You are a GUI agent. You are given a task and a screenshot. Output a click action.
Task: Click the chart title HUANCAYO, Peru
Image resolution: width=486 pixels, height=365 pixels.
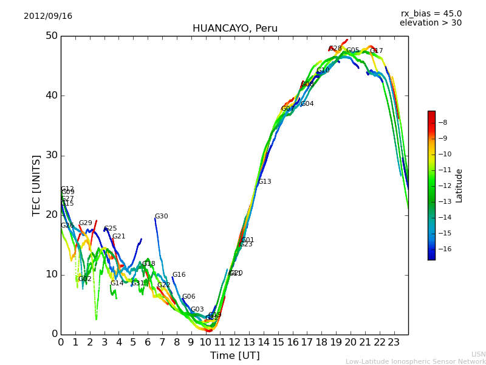point(234,29)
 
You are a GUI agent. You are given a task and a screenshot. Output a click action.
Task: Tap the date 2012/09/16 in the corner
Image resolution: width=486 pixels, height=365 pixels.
point(48,16)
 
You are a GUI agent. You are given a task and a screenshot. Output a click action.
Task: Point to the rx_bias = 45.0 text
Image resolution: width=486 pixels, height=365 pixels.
point(431,14)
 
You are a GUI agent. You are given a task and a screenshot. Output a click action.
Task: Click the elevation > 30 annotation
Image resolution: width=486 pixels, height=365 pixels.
point(430,23)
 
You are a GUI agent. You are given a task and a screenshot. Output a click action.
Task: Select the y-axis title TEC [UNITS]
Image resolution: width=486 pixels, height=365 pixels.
point(37,185)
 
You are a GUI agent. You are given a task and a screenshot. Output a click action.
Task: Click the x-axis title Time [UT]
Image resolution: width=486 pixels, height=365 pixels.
point(234,356)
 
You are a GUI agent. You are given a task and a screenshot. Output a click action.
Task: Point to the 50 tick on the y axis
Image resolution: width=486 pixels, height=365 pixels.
point(51,36)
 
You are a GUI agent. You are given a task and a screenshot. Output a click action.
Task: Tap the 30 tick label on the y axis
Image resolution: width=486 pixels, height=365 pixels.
point(51,155)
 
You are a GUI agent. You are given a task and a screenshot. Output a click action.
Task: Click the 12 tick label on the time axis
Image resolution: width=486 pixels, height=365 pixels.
point(234,342)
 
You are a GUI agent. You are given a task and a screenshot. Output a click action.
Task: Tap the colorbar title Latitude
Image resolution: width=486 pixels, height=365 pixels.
point(459,186)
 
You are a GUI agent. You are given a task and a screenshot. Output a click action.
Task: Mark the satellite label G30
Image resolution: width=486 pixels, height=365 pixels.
point(161,217)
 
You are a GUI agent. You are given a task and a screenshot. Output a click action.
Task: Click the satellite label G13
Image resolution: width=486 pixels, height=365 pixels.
point(264,182)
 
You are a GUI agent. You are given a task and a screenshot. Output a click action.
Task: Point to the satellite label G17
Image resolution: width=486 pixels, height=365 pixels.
point(376,51)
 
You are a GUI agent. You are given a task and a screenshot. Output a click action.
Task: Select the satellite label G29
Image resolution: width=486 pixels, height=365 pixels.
point(85,223)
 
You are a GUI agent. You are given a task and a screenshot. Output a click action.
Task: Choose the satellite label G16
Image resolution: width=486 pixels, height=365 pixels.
point(179,275)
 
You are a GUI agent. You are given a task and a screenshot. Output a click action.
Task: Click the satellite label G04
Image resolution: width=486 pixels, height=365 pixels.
point(307,104)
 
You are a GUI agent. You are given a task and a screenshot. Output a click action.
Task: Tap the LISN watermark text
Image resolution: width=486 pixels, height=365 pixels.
point(478,354)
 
